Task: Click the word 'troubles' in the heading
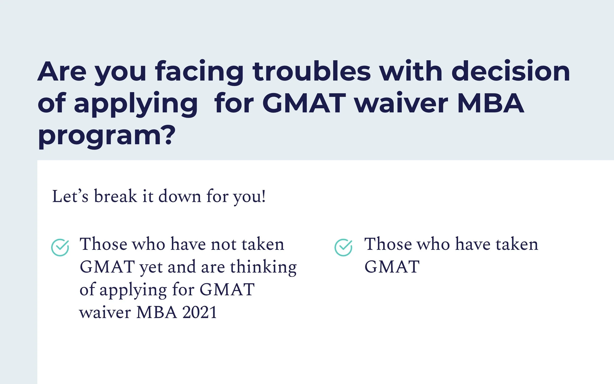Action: tap(312, 72)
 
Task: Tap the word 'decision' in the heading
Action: tap(511, 72)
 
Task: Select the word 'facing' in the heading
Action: tap(199, 72)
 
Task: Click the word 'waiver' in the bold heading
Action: tap(401, 103)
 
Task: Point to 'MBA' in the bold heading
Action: tap(490, 103)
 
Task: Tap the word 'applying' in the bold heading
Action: tap(136, 103)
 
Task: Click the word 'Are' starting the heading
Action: tap(62, 72)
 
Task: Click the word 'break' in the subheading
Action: tap(115, 196)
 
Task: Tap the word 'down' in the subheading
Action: tap(180, 196)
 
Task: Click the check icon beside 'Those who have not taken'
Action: tap(60, 247)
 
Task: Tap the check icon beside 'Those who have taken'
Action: tap(343, 247)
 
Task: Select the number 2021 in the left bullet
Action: tap(199, 312)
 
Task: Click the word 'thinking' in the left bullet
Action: tap(263, 267)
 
